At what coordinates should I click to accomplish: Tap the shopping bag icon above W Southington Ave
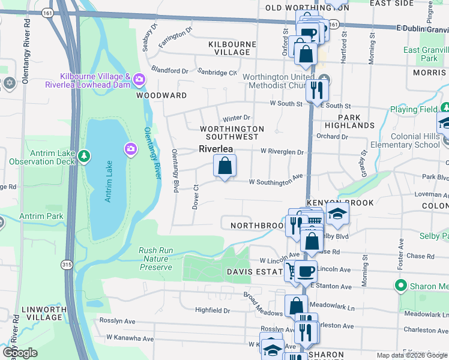[x=224, y=166]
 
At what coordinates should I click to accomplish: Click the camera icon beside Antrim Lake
[x=130, y=148]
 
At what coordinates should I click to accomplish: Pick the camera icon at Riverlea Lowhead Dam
[x=139, y=79]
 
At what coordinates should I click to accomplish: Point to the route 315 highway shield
[x=65, y=264]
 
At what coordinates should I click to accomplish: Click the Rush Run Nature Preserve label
[x=155, y=259]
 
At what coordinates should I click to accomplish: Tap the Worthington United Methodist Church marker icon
[x=324, y=79]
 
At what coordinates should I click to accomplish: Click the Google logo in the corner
[x=20, y=352]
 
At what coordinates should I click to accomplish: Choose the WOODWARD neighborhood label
[x=161, y=95]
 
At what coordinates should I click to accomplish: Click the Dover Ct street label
[x=196, y=196]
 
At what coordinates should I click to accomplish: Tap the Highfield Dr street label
[x=213, y=310]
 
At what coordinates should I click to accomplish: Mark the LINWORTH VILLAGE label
[x=43, y=313]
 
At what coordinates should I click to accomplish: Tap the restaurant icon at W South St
[x=315, y=90]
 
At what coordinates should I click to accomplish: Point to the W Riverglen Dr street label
[x=282, y=152]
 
